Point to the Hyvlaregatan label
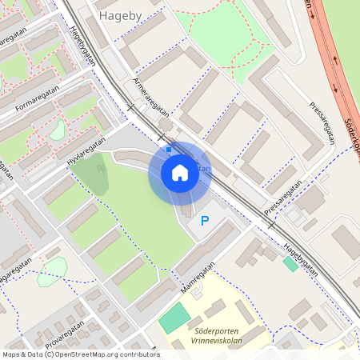click(86, 150)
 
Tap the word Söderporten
click(216, 329)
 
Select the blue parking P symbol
click(205, 221)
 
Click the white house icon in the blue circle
click(179, 173)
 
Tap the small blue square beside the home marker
click(168, 149)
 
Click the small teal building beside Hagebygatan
click(290, 263)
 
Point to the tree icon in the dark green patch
click(100, 168)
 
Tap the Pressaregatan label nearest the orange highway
click(320, 121)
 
